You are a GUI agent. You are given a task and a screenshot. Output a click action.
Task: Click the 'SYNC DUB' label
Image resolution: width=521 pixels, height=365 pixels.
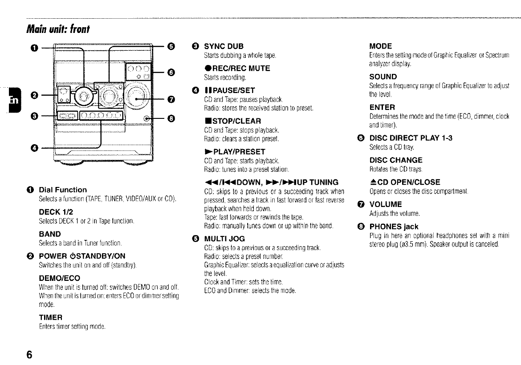[224, 46]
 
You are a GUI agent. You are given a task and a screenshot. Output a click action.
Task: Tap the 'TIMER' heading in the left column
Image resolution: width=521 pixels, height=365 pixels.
[51, 317]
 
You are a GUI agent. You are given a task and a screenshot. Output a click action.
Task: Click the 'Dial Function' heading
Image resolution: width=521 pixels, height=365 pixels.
[63, 190]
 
